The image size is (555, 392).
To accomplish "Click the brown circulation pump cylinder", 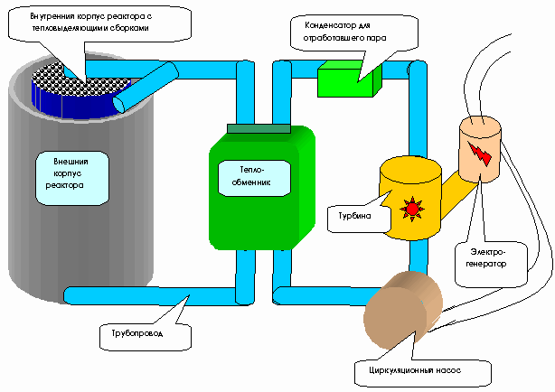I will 398,307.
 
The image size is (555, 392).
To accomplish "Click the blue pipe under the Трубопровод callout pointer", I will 172,294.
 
